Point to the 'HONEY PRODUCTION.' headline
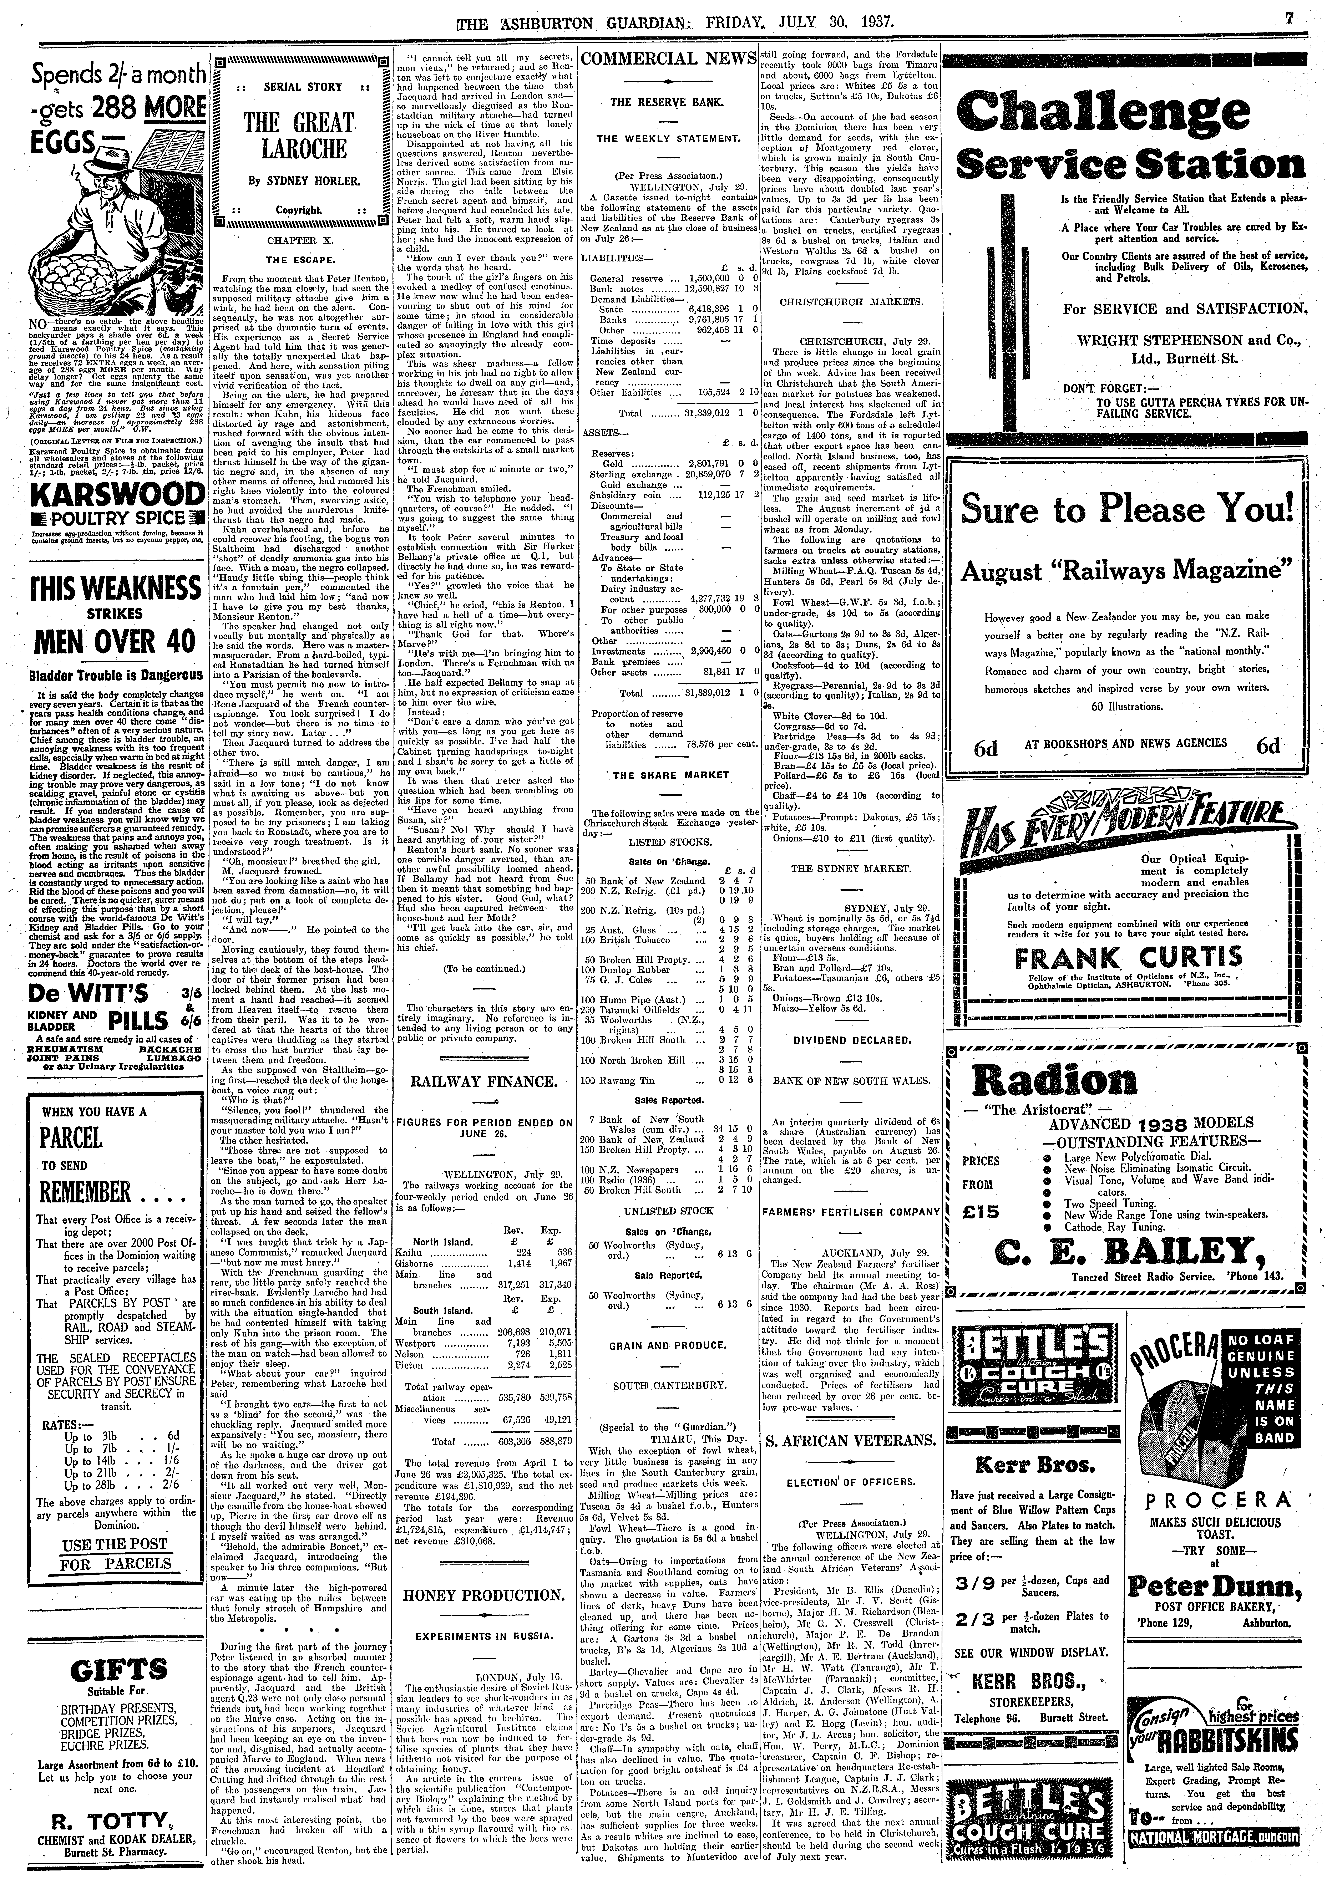(x=485, y=1596)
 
